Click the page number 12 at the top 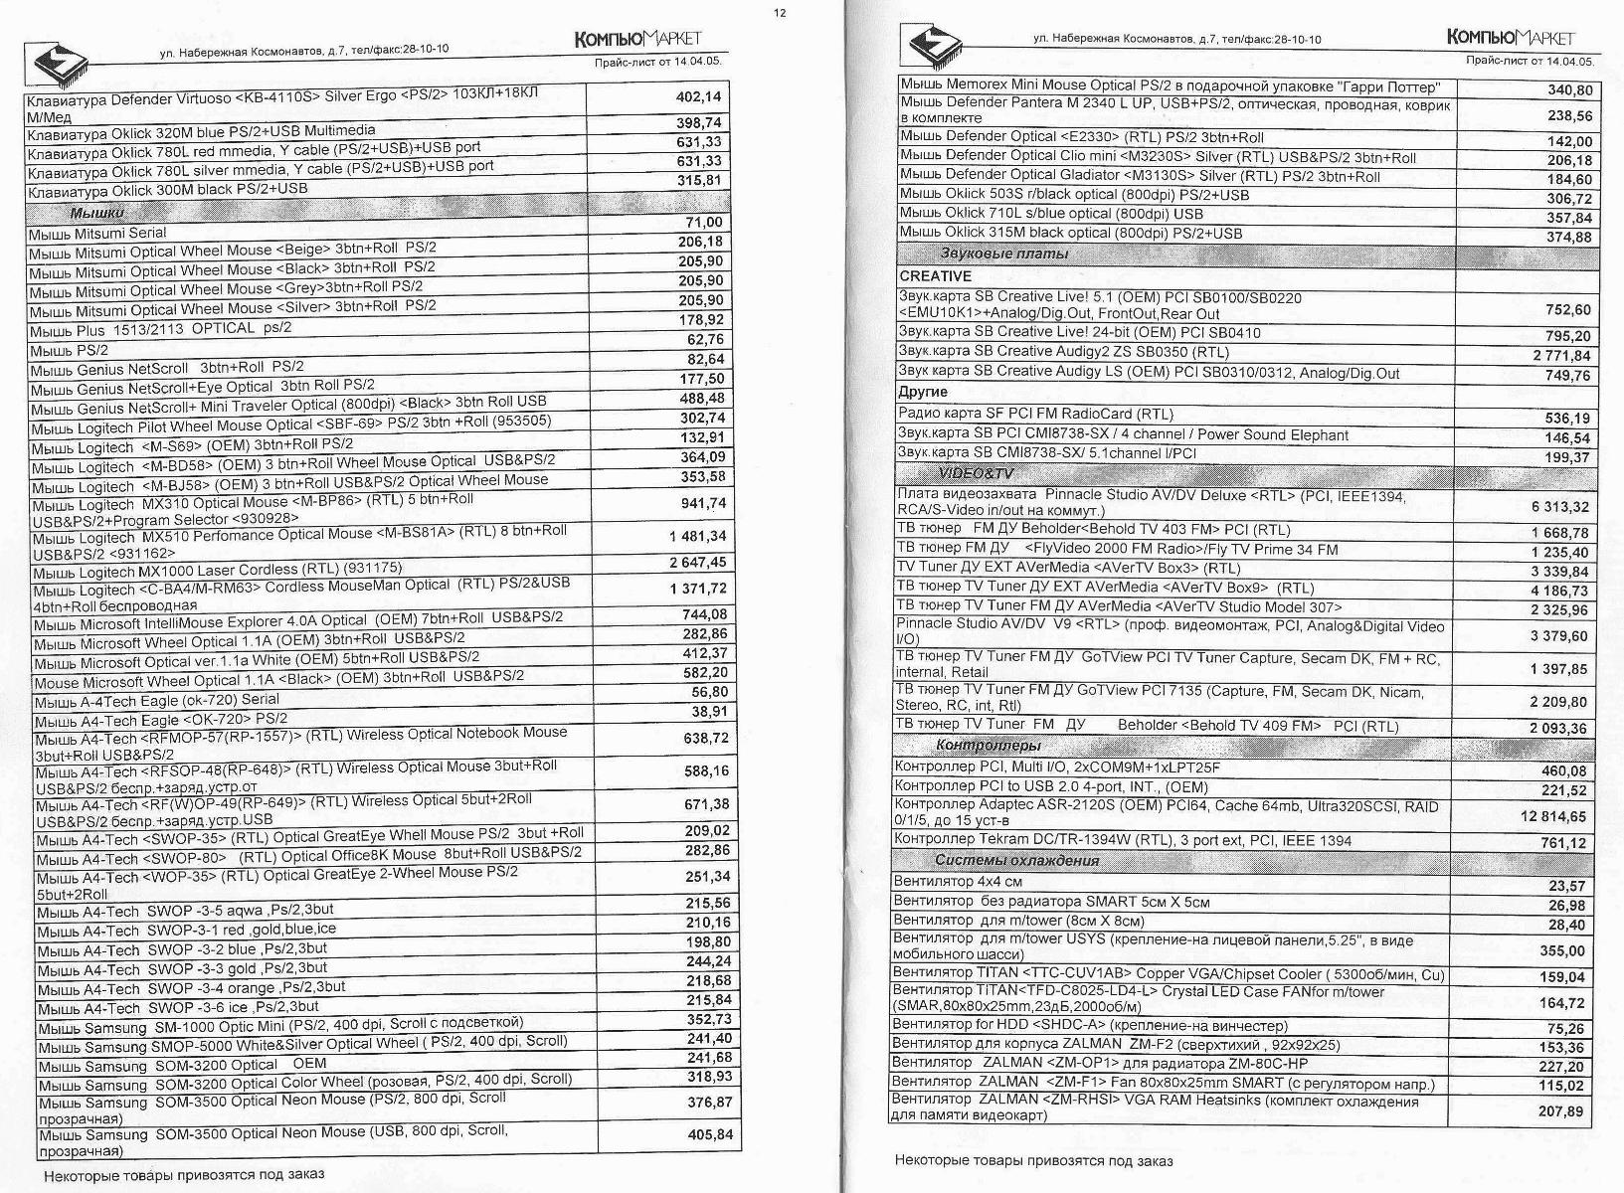(780, 12)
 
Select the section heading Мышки (96, 213)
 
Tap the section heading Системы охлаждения (1016, 861)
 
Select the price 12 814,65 (1552, 816)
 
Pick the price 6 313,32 (1559, 506)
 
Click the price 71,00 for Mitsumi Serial (704, 222)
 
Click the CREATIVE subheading (935, 276)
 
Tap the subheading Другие (922, 392)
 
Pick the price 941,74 (703, 503)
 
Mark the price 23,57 (1567, 886)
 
